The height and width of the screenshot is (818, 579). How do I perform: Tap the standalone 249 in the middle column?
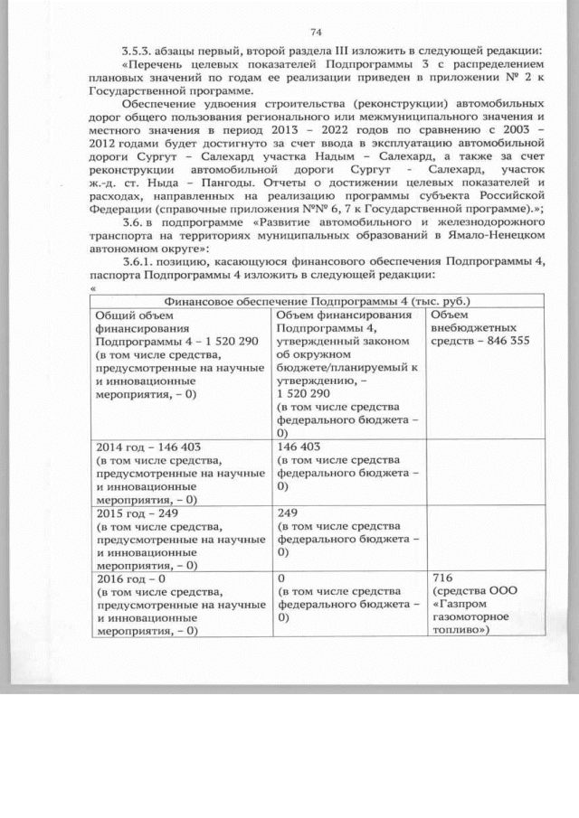point(287,511)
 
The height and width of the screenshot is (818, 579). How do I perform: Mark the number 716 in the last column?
point(443,576)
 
